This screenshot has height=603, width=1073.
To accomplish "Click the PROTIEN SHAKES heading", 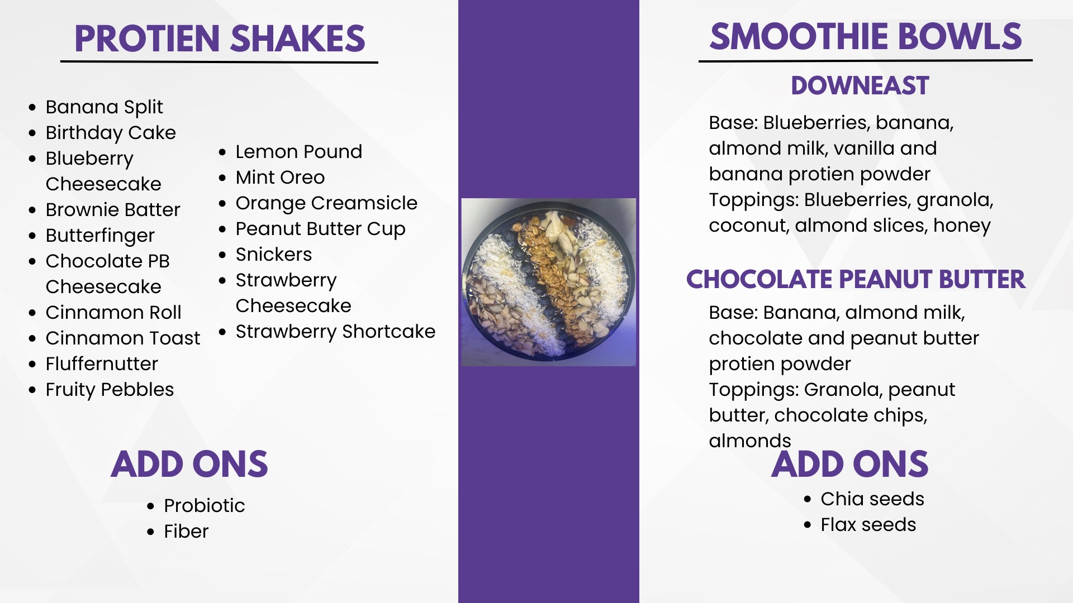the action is [x=220, y=39].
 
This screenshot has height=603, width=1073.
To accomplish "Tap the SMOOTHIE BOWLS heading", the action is [x=866, y=37].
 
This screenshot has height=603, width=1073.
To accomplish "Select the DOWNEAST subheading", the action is [x=860, y=86].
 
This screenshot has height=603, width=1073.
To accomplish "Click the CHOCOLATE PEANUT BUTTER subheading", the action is [x=856, y=279].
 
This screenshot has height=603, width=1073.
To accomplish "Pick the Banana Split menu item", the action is [x=105, y=107].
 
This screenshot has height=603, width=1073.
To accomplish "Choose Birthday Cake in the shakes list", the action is [x=111, y=133].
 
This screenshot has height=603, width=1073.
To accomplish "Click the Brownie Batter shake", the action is [x=113, y=209].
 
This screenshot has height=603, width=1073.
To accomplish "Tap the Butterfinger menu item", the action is [x=100, y=236].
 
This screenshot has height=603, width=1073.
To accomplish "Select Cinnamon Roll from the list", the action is [x=113, y=312].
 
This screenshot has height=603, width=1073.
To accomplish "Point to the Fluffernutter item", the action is [x=102, y=363].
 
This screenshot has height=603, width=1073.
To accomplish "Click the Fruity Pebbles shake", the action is [x=110, y=390].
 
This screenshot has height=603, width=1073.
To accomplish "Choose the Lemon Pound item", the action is [x=299, y=151].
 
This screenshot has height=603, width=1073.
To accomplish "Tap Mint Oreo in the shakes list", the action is [x=280, y=177].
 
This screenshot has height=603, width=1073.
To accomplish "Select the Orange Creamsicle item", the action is [x=326, y=203].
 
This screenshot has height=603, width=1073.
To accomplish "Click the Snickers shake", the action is [x=274, y=254].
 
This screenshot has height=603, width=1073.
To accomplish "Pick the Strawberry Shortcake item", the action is [x=335, y=332].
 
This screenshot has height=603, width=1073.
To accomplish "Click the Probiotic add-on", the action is [x=205, y=505].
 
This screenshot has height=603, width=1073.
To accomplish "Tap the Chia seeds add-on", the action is [x=872, y=499].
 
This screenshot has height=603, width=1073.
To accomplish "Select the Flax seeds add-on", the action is [x=868, y=524].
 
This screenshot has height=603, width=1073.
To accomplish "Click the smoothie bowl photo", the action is [x=549, y=283].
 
